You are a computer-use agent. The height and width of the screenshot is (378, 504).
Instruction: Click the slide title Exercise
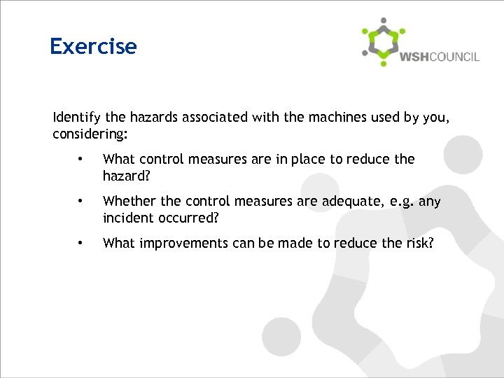(93, 46)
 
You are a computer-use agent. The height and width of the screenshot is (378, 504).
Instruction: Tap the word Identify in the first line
(73, 118)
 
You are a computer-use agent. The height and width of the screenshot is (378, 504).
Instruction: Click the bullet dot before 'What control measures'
(82, 160)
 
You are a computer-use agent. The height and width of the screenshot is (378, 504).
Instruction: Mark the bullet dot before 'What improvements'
(82, 244)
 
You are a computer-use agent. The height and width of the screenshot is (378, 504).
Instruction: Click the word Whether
(125, 202)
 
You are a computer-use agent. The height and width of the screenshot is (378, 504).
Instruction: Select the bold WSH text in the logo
(414, 57)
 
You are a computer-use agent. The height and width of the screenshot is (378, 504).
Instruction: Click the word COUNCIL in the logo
(454, 57)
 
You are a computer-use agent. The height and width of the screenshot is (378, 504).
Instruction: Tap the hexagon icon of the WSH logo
(381, 42)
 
